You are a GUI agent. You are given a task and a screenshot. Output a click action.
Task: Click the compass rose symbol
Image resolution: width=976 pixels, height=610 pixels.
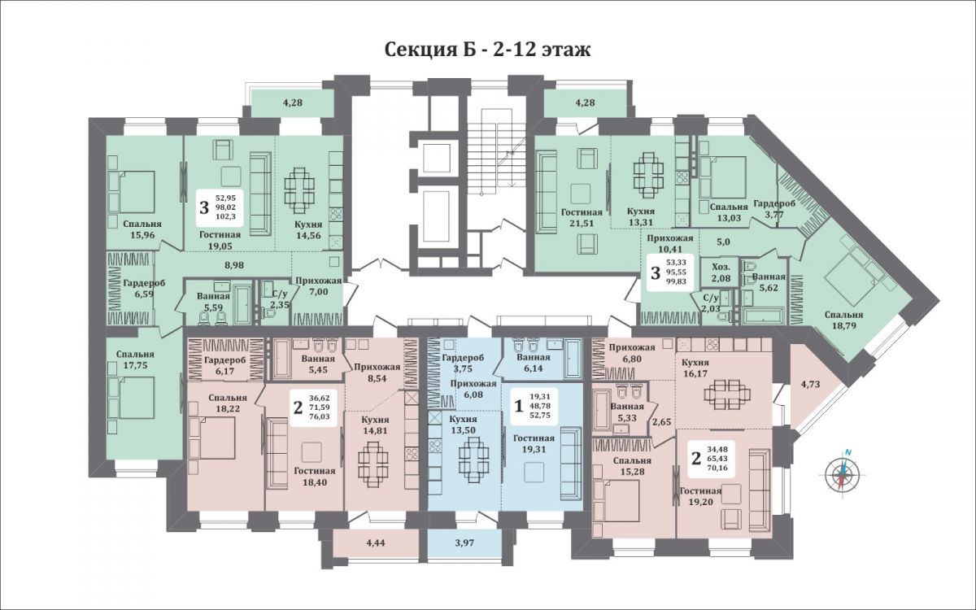pyautogui.click(x=843, y=473)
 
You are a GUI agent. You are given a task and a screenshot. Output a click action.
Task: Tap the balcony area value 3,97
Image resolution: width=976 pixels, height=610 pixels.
pyautogui.click(x=464, y=543)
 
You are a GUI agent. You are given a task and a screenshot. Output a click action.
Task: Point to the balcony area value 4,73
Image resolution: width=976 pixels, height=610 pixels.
pyautogui.click(x=810, y=384)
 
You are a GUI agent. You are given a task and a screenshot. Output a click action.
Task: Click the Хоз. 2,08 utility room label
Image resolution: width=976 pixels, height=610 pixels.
pyautogui.click(x=721, y=272)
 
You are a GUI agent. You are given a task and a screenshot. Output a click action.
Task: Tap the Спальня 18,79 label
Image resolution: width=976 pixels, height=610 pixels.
pyautogui.click(x=843, y=320)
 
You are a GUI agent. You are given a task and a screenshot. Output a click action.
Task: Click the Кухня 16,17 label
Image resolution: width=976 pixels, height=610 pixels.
pyautogui.click(x=695, y=368)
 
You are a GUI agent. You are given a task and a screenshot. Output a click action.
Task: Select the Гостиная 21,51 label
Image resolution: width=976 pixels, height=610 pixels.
pyautogui.click(x=582, y=217)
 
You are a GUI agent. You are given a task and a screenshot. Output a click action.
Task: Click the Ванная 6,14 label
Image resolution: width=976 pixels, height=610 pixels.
pyautogui.click(x=534, y=363)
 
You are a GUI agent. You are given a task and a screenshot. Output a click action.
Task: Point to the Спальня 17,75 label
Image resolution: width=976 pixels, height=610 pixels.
pyautogui.click(x=136, y=359)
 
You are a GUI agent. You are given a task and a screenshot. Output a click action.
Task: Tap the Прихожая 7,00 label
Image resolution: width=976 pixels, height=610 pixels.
pyautogui.click(x=319, y=285)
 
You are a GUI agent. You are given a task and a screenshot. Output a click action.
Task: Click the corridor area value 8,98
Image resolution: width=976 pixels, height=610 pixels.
pyautogui.click(x=233, y=265)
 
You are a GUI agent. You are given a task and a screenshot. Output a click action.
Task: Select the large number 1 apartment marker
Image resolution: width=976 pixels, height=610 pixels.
pyautogui.click(x=519, y=407)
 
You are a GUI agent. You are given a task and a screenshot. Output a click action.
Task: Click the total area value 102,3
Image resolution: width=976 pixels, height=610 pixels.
pyautogui.click(x=225, y=216)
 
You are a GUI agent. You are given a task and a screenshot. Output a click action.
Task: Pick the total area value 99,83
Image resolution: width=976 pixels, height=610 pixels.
pyautogui.click(x=676, y=281)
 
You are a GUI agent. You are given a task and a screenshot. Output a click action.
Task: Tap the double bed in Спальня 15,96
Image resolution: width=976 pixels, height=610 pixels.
pyautogui.click(x=136, y=192)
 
